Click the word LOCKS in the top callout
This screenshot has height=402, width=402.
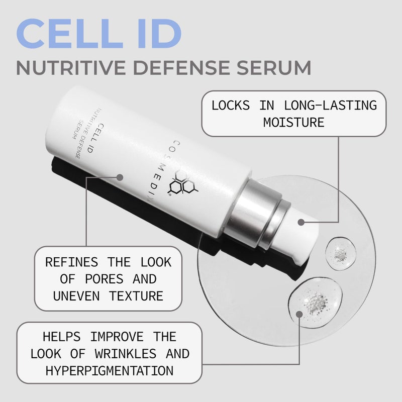(x=231, y=106)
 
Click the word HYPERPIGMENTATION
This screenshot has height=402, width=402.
(x=110, y=370)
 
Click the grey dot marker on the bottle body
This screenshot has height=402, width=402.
(x=120, y=177)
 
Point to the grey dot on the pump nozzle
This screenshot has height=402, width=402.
(x=301, y=221)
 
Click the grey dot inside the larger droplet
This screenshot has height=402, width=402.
(x=299, y=314)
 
